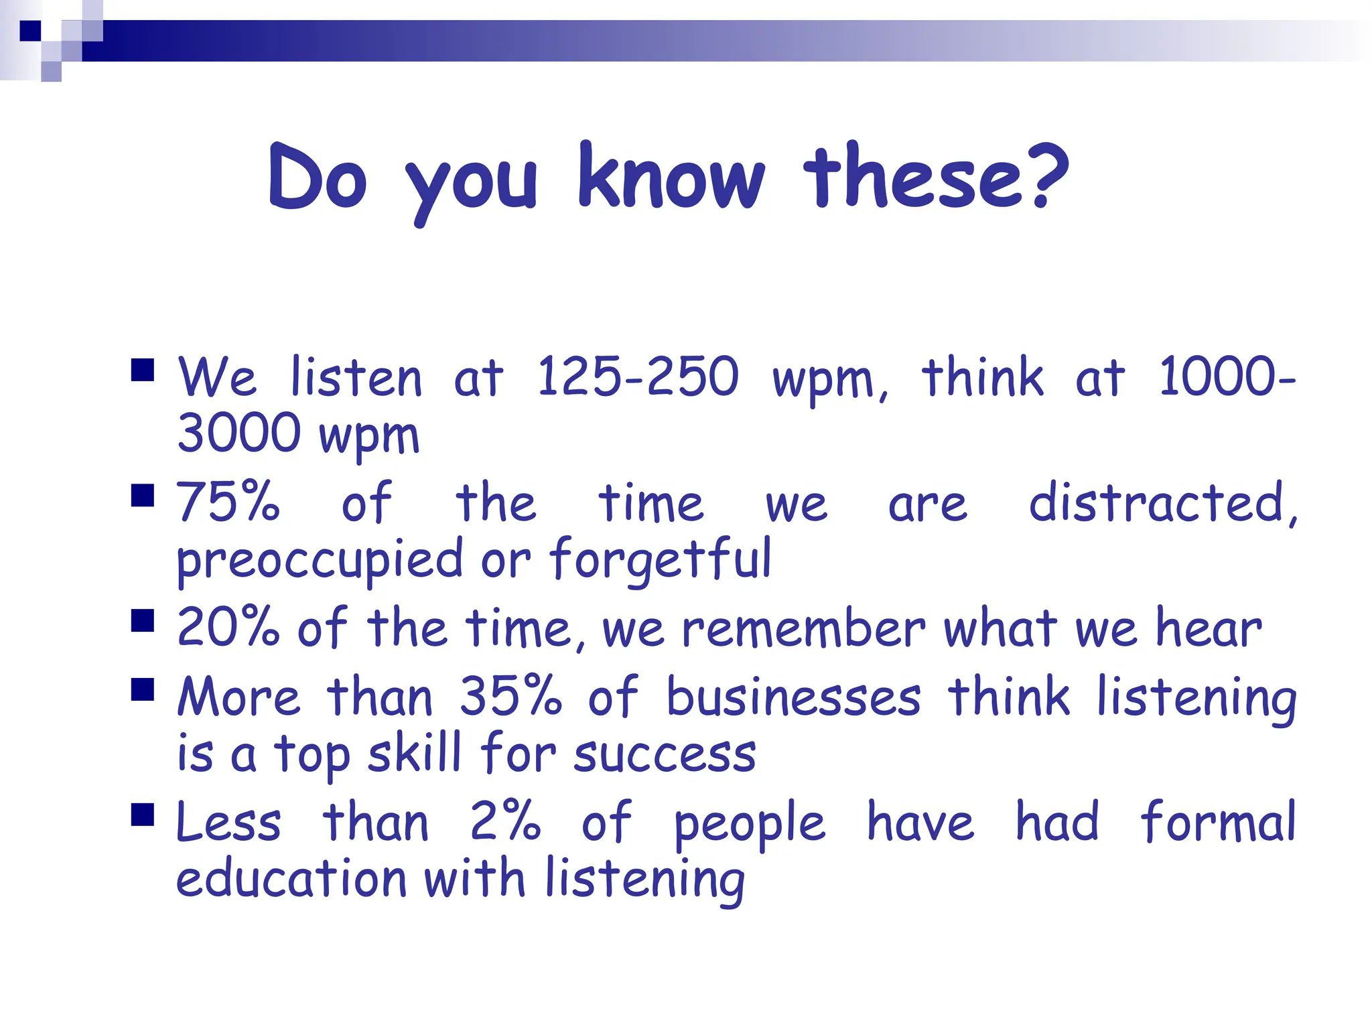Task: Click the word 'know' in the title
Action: (671, 178)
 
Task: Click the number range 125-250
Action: (637, 377)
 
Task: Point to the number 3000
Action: (238, 433)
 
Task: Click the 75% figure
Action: (228, 502)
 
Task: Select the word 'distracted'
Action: (1162, 502)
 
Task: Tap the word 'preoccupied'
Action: (320, 560)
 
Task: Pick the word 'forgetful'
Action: (661, 559)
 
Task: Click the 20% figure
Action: (228, 628)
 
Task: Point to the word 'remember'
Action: (804, 629)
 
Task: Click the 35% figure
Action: (510, 697)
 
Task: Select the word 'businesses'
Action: (794, 697)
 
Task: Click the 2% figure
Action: (505, 822)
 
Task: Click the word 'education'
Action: (291, 878)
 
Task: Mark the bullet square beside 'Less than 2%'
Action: (143, 815)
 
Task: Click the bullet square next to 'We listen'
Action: (143, 370)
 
